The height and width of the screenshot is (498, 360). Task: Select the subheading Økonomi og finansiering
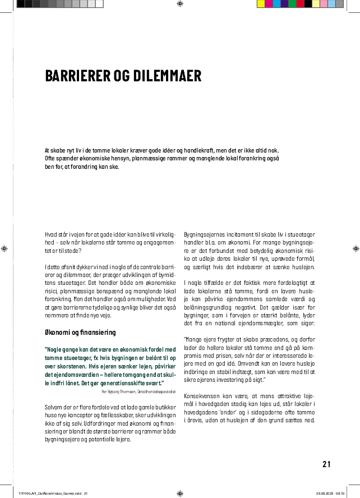coord(80,332)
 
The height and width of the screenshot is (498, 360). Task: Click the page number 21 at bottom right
coord(327,464)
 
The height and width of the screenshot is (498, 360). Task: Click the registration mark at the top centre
coord(179,4)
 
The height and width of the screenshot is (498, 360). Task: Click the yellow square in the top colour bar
coord(260,4)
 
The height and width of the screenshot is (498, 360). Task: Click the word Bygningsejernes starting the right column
coord(203,233)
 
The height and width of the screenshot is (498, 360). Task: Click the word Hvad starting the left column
coord(52,233)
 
